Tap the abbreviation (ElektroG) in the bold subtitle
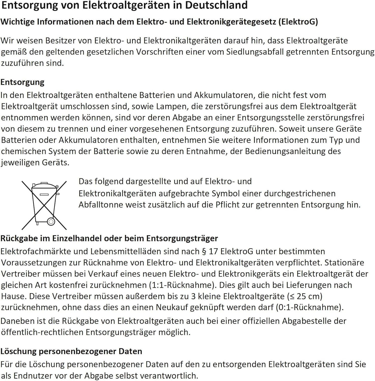point(298,22)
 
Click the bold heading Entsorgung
point(22,82)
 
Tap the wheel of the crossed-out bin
point(51,222)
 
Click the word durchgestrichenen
point(300,194)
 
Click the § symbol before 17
point(204,252)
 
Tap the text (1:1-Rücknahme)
point(182,285)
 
